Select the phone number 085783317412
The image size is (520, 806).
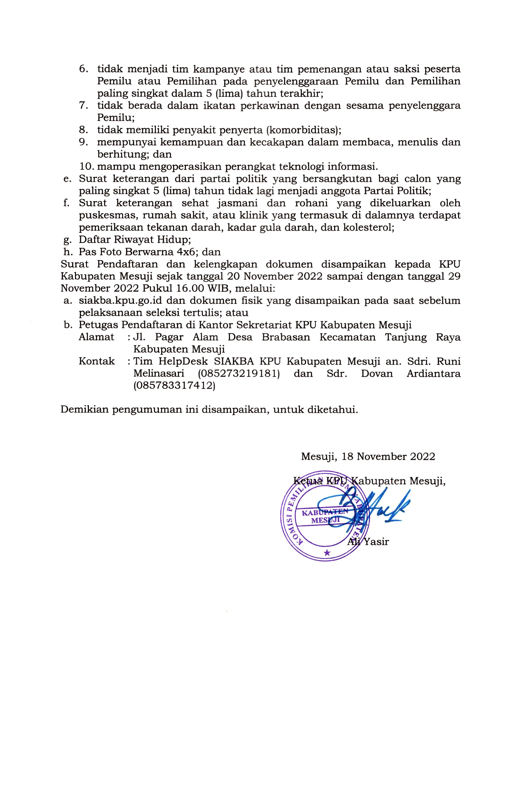[x=174, y=386]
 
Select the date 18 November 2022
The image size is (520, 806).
[x=388, y=457]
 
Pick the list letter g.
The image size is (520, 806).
[x=67, y=240]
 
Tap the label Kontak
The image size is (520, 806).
[x=97, y=361]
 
